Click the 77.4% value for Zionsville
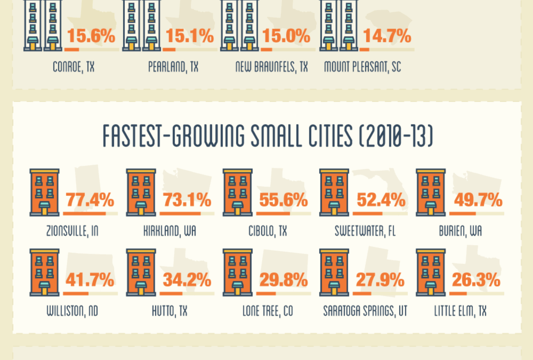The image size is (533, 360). click(x=90, y=201)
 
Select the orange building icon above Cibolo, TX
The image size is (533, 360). click(x=237, y=193)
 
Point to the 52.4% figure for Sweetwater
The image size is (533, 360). click(x=380, y=201)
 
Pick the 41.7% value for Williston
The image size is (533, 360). click(x=90, y=280)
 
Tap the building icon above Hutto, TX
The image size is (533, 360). click(x=141, y=272)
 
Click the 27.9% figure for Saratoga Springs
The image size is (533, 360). click(x=380, y=280)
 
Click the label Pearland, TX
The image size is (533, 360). click(x=173, y=67)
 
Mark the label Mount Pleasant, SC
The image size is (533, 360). click(x=362, y=67)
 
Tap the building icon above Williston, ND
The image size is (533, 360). click(x=44, y=272)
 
